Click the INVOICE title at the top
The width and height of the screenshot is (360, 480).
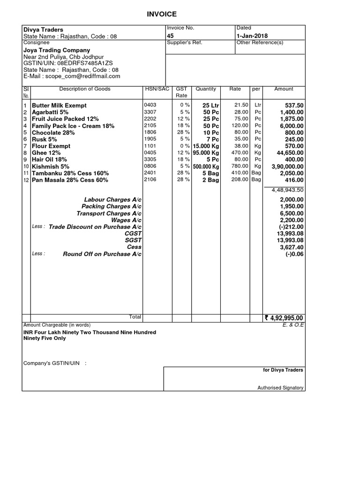coord(162,15)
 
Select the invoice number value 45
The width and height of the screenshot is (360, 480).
coord(170,36)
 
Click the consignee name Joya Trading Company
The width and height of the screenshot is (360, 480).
coord(57,50)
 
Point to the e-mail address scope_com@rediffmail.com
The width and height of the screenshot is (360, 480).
coord(72,76)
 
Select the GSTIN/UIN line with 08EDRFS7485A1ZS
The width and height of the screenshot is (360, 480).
coord(68,63)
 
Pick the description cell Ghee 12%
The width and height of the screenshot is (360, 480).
coord(46,153)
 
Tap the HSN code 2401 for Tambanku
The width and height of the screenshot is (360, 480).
coord(150,173)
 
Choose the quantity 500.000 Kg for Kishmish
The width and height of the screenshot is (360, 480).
coord(206,166)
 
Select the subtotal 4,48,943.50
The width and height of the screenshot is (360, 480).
coord(287,190)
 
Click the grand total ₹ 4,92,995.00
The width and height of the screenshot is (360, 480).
coord(284,318)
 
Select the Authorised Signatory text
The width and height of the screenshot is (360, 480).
coord(280,388)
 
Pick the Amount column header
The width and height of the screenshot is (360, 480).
coord(283,89)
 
